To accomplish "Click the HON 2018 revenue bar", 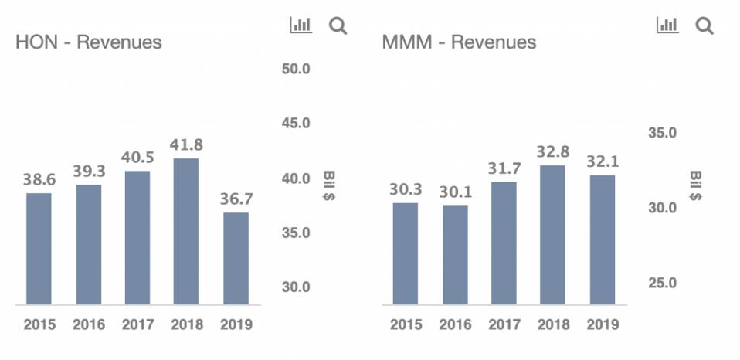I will (x=185, y=232).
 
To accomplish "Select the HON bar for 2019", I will (x=236, y=259).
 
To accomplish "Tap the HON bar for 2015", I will (x=39, y=249).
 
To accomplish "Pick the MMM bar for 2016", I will (x=455, y=255).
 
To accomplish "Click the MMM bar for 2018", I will (x=552, y=235).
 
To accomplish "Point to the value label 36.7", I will (x=236, y=199).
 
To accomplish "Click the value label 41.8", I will (x=186, y=144).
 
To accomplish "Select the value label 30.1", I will (x=455, y=192).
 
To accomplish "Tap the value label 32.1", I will (x=602, y=161).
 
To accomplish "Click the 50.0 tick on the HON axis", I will (x=295, y=69).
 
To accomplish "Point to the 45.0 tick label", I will (x=295, y=123).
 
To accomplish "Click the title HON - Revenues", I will (x=89, y=42).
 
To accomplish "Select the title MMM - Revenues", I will (x=459, y=42).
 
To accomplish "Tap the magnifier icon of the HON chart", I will (x=338, y=26).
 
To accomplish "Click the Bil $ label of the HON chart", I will (x=328, y=186).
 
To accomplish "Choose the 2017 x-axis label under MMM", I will (x=504, y=325).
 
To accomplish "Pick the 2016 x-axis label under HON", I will (x=89, y=325).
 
